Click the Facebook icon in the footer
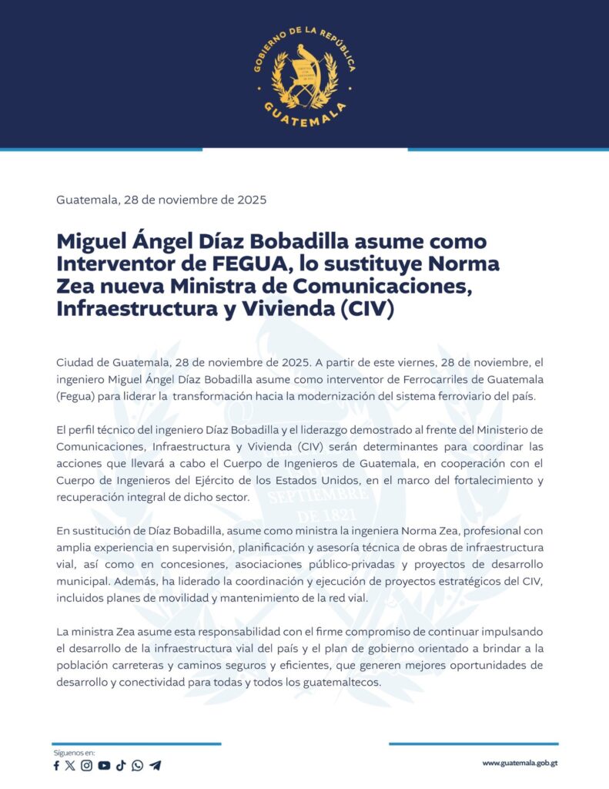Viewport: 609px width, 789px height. pyautogui.click(x=56, y=765)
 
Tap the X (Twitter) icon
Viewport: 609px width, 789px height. pyautogui.click(x=71, y=765)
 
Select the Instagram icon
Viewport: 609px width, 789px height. pyautogui.click(x=87, y=765)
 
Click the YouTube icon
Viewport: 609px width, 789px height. pyautogui.click(x=104, y=765)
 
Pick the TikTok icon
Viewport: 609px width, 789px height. pyautogui.click(x=121, y=765)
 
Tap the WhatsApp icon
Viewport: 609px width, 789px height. pyautogui.click(x=137, y=765)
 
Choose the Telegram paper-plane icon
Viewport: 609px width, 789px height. pyautogui.click(x=156, y=765)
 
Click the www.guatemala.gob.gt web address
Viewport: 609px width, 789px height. pyautogui.click(x=520, y=763)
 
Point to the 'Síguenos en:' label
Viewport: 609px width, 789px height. pyautogui.click(x=74, y=751)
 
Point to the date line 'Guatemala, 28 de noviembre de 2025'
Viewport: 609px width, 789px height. pyautogui.click(x=161, y=200)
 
